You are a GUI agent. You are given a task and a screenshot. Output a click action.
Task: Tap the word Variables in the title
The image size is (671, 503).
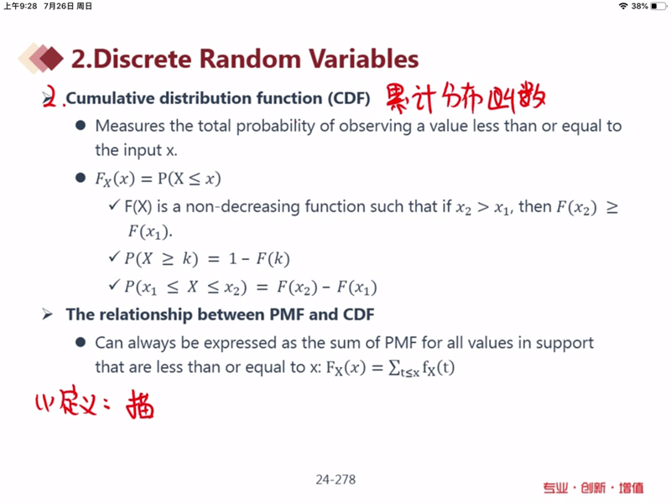click(363, 59)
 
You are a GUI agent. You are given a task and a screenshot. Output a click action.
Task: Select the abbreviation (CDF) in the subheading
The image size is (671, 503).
click(349, 98)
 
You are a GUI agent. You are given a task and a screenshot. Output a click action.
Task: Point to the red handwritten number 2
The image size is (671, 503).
click(50, 96)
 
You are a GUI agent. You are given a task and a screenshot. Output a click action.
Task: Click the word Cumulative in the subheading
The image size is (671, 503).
click(111, 98)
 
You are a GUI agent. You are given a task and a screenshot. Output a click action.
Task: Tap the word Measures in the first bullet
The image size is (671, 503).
click(130, 126)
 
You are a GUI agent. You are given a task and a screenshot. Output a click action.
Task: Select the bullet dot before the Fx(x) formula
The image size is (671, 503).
click(81, 178)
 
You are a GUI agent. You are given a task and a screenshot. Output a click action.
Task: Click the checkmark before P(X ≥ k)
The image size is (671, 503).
click(114, 257)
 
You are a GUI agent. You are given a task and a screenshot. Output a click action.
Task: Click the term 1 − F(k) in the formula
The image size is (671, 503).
click(259, 259)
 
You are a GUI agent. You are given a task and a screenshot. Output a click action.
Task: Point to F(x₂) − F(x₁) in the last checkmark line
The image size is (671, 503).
click(327, 288)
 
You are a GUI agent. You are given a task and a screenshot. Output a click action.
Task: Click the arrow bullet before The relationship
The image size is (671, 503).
click(47, 315)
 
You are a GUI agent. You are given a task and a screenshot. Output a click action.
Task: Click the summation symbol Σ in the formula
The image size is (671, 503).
click(393, 368)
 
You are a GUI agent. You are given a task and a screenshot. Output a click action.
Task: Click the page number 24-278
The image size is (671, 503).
click(336, 480)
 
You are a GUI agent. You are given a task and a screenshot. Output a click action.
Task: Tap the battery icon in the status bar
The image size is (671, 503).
click(658, 6)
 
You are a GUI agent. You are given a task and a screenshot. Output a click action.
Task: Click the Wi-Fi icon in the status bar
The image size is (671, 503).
click(623, 6)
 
